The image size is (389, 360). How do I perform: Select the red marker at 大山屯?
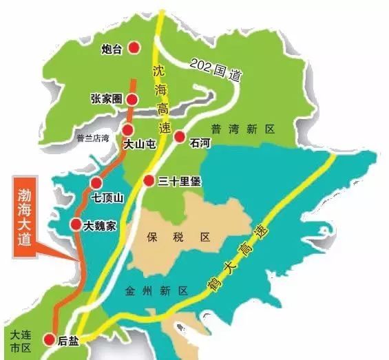tap(128, 130)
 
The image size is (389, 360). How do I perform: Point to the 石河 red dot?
tap(180, 136)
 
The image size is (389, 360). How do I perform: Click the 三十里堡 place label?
tap(177, 181)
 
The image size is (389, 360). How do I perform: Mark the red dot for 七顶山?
tap(96, 182)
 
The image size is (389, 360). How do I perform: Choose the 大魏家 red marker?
tap(76, 224)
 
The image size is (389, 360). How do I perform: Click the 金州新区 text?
tap(156, 291)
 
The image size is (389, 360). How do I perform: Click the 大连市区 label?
tap(16, 339)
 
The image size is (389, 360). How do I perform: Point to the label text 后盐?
tap(67, 339)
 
